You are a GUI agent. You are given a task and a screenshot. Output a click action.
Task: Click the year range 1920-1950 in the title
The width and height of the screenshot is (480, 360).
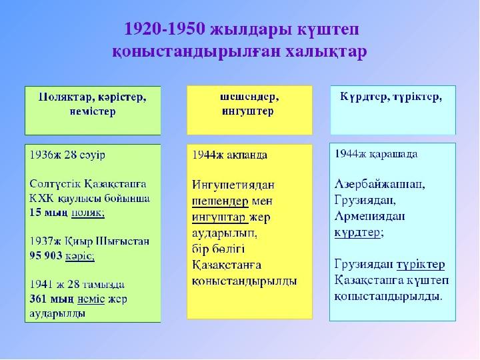165,29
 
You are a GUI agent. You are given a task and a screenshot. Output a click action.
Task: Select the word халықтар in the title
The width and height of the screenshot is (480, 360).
326,51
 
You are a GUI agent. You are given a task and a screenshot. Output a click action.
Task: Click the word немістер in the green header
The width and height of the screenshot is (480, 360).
93,111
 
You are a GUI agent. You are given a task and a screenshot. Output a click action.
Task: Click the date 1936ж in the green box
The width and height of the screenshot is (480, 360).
45,155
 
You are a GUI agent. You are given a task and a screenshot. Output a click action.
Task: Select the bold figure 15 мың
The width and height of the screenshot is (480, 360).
49,213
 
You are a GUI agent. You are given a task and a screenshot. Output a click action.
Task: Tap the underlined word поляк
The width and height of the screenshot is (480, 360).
88,213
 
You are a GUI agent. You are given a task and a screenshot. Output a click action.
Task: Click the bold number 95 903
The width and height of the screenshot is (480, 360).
46,255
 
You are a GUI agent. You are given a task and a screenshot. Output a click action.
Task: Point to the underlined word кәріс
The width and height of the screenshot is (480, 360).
80,256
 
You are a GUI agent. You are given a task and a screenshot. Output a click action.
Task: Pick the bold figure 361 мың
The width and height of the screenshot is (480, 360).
52,299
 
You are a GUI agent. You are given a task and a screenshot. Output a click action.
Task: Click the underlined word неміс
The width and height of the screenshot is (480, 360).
91,299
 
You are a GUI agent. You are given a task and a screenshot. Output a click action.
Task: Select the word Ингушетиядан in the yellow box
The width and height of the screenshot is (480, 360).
233,185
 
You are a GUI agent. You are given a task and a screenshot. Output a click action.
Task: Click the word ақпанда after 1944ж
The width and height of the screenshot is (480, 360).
247,155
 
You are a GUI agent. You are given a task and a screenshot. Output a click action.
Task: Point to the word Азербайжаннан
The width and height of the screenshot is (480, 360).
379,184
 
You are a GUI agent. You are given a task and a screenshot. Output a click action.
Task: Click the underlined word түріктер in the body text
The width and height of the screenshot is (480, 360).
421,265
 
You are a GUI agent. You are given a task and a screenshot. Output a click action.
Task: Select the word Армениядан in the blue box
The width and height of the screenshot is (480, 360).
370,217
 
